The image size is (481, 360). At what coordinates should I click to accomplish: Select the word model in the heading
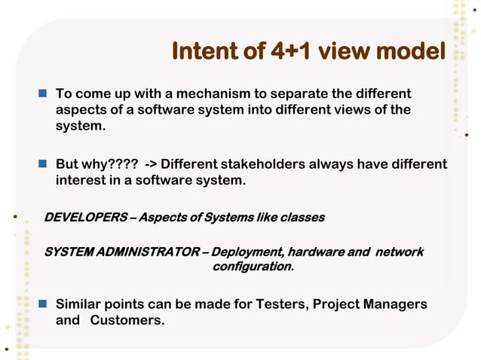pos(409,52)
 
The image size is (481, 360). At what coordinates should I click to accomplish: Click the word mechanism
pos(216,95)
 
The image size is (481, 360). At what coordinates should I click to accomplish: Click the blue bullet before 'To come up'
pos(44,95)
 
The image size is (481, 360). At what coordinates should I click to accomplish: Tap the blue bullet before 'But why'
pos(44,164)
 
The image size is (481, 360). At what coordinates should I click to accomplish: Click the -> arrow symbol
pos(151,164)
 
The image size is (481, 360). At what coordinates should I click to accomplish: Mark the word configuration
pos(252,267)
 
